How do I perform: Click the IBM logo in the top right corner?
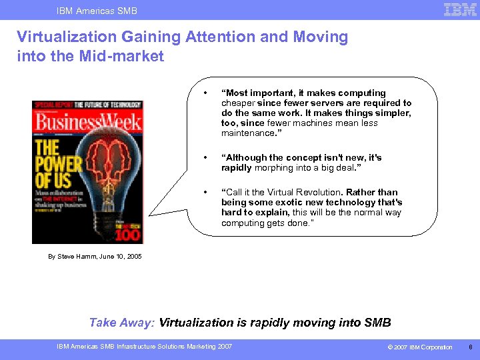[460, 9]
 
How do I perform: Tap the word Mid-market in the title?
[126, 57]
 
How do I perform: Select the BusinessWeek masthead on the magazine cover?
[87, 122]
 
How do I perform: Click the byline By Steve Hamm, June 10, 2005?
[95, 257]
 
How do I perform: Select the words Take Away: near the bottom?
[122, 323]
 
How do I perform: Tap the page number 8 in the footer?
[469, 347]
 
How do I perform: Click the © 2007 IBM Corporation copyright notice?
[421, 347]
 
